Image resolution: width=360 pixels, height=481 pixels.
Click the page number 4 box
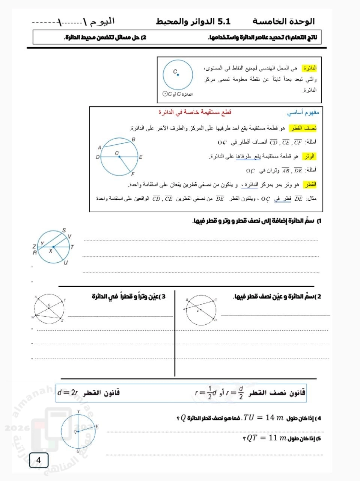39,460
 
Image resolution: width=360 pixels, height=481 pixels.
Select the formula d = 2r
68,393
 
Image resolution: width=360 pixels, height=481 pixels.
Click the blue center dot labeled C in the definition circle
178,75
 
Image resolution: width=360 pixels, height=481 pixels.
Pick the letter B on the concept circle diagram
133,139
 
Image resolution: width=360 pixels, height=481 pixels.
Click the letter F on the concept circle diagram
133,174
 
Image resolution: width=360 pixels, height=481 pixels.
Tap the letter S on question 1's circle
64,230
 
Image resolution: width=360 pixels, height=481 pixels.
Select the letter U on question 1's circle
66,263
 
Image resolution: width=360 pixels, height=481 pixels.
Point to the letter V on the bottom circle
97,426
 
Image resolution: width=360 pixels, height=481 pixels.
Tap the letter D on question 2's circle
215,320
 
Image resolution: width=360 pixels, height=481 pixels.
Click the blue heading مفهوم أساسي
303,112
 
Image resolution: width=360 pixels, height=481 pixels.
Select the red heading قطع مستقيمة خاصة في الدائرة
195,112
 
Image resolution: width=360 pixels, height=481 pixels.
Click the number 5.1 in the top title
224,21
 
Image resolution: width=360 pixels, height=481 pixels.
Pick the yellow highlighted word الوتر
310,156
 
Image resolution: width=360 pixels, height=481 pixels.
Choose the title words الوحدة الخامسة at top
284,21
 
